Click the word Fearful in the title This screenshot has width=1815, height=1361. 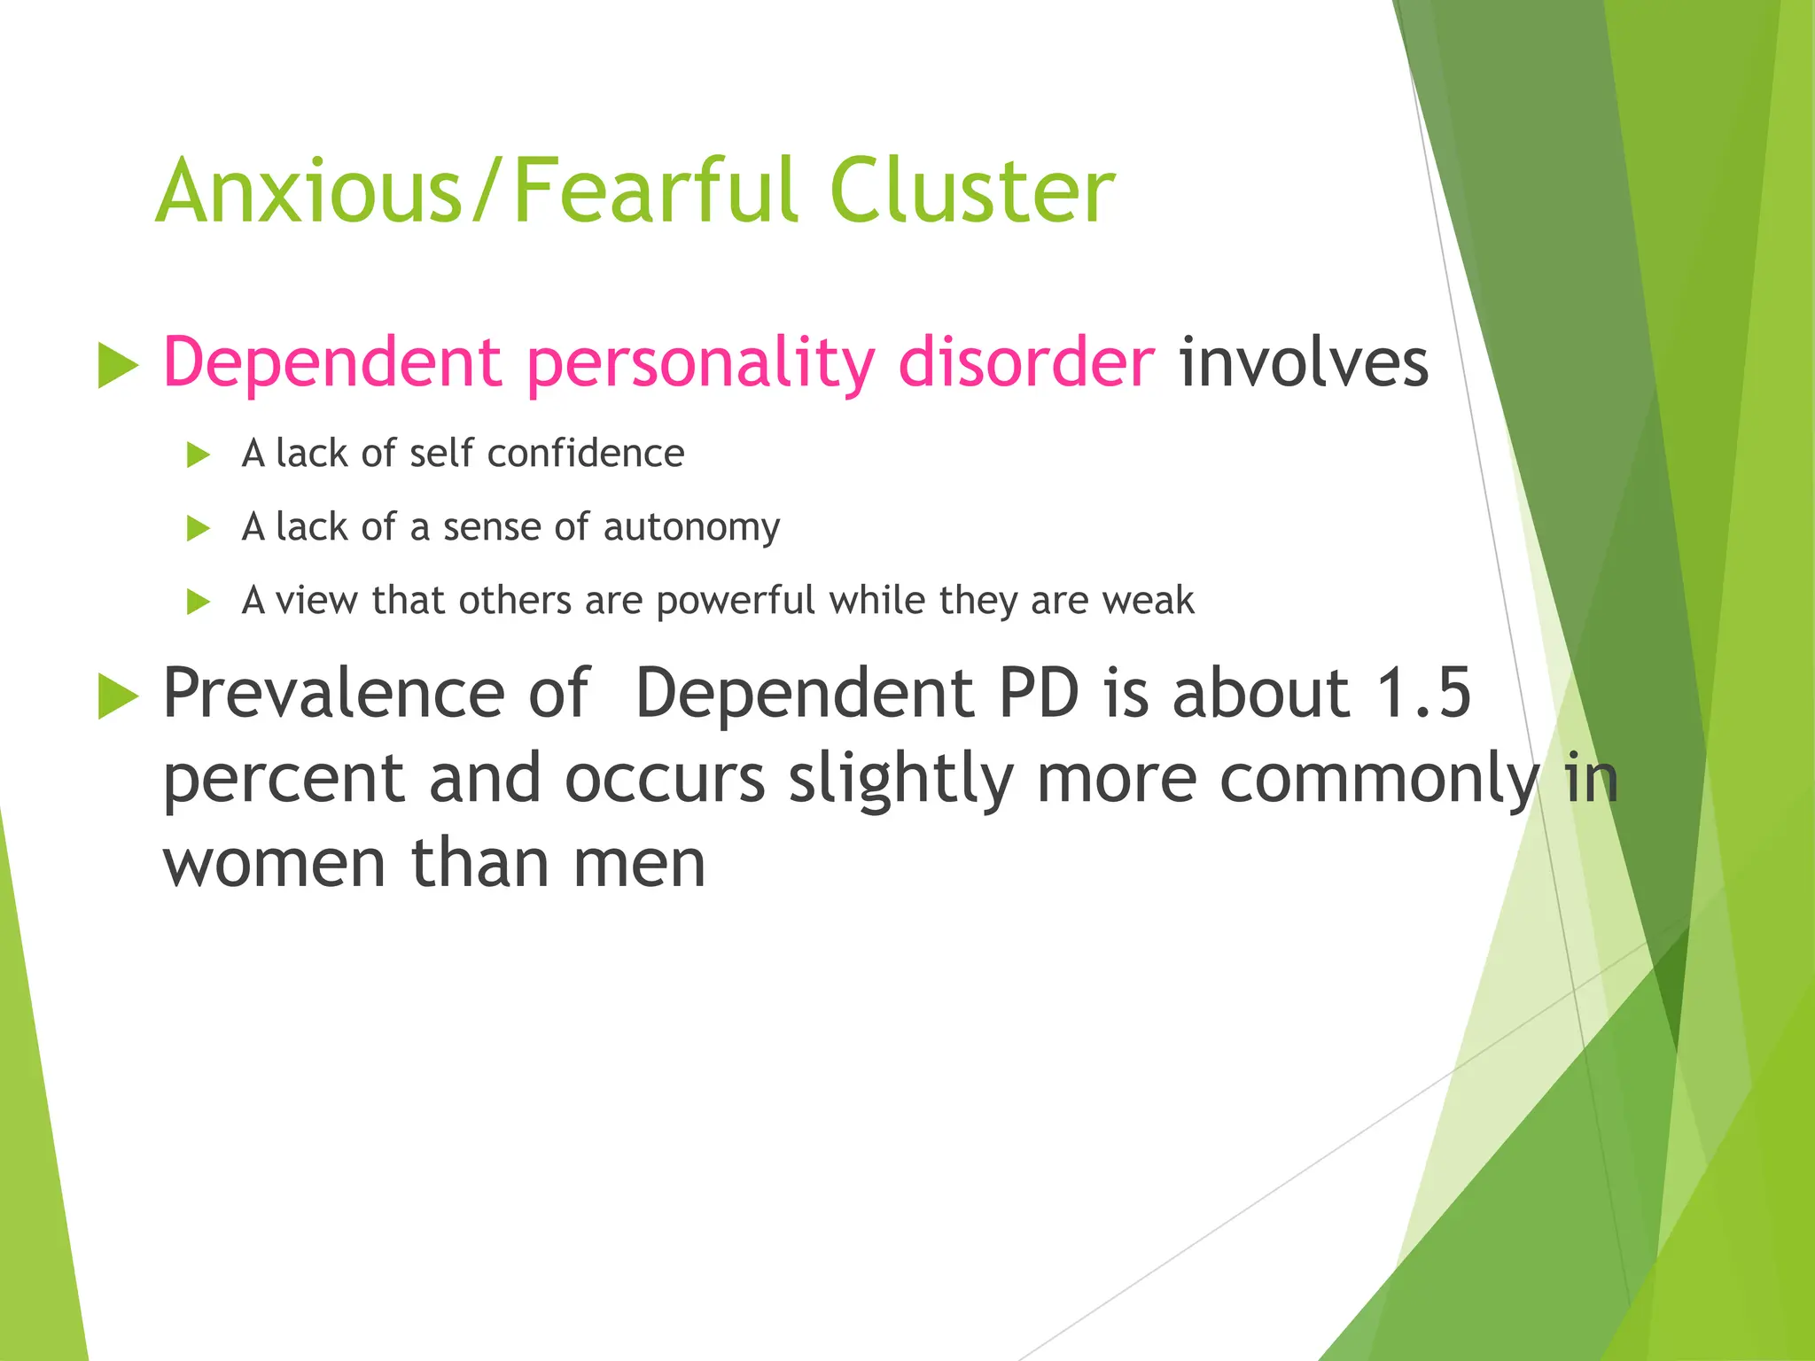(657, 191)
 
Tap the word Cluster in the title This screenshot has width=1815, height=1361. (972, 191)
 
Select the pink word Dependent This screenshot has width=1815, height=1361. (333, 362)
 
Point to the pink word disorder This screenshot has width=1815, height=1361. (1025, 362)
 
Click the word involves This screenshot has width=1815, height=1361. (1303, 362)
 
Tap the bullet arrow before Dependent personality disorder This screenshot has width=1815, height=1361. (118, 365)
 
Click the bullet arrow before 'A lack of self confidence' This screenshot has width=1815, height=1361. (199, 455)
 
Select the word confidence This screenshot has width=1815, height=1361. (586, 454)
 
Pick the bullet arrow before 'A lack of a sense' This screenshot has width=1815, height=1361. (199, 529)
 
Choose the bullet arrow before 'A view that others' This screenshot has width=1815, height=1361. (199, 603)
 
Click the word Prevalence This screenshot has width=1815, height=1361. (333, 693)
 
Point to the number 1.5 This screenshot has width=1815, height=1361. (1422, 693)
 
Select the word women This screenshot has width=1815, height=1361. (274, 864)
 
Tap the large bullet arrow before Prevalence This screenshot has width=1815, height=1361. (118, 696)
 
